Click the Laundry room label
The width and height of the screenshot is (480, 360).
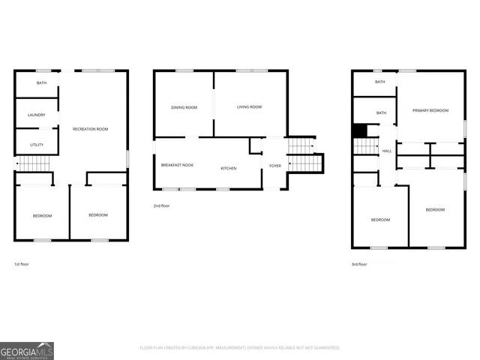(x=37, y=115)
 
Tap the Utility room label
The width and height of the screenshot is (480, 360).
(x=37, y=144)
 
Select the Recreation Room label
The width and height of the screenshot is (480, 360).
(x=90, y=129)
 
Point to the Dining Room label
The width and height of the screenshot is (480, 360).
(x=184, y=107)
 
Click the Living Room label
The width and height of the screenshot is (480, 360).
(x=249, y=107)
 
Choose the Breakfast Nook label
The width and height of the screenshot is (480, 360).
(x=177, y=164)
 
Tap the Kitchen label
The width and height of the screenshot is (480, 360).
(x=228, y=168)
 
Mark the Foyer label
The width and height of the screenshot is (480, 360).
(x=275, y=165)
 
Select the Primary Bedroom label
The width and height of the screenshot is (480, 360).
(x=430, y=110)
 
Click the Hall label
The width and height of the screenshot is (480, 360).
(x=387, y=151)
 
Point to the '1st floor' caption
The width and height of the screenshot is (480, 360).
(x=22, y=265)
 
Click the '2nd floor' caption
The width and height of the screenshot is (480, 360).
(x=162, y=205)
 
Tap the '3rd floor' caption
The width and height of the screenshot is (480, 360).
(x=360, y=265)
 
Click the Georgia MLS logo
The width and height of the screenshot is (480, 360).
(x=27, y=350)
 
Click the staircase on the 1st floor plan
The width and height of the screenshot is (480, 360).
(x=34, y=163)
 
